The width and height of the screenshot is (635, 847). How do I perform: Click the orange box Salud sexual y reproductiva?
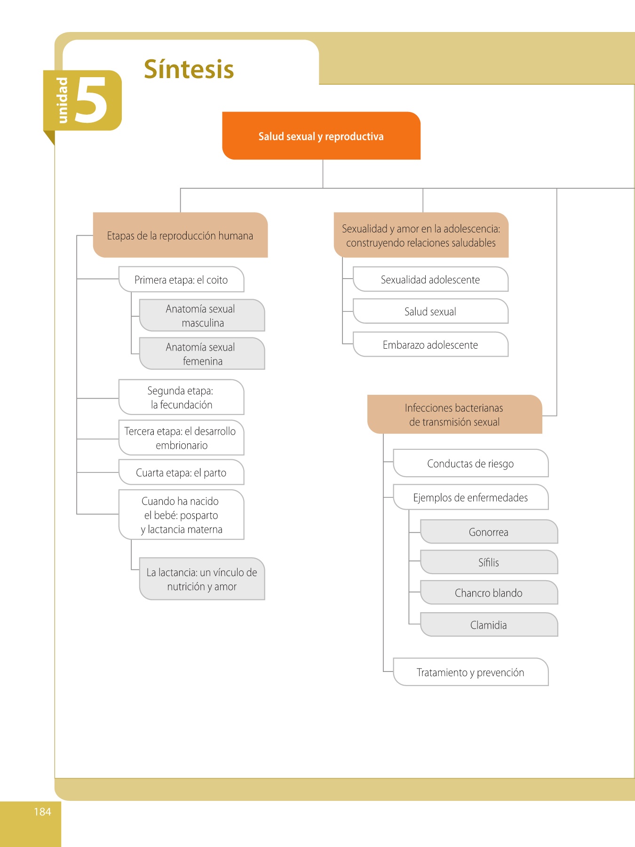pyautogui.click(x=321, y=136)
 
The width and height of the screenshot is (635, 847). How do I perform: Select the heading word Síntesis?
pyautogui.click(x=189, y=69)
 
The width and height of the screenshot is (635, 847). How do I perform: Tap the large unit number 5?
pyautogui.click(x=91, y=100)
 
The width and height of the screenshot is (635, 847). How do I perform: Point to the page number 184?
pyautogui.click(x=42, y=812)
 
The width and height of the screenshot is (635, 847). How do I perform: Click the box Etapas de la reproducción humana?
pyautogui.click(x=181, y=235)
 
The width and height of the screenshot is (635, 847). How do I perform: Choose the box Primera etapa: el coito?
pyautogui.click(x=182, y=280)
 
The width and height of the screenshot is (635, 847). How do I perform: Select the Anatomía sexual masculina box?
pyautogui.click(x=202, y=316)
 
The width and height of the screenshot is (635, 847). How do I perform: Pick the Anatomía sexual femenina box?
pyautogui.click(x=202, y=354)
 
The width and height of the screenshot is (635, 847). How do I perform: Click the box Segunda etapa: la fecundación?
pyautogui.click(x=182, y=398)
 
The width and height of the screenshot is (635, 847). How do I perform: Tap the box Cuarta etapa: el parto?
pyautogui.click(x=182, y=472)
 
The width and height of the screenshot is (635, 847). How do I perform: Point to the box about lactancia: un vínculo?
pyautogui.click(x=202, y=579)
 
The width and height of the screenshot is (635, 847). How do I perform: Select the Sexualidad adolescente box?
pyautogui.click(x=431, y=280)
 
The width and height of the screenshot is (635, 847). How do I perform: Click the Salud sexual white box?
pyautogui.click(x=431, y=312)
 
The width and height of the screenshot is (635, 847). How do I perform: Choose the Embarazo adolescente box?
pyautogui.click(x=431, y=345)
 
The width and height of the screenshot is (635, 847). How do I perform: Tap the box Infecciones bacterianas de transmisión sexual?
pyautogui.click(x=455, y=415)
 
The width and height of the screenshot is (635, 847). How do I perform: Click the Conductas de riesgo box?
pyautogui.click(x=471, y=463)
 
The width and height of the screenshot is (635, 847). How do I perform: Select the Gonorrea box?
pyautogui.click(x=489, y=532)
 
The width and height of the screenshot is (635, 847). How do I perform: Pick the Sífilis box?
pyautogui.click(x=489, y=562)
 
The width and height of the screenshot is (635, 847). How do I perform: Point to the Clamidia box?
pyautogui.click(x=489, y=625)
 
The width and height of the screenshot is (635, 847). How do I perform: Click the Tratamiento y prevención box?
pyautogui.click(x=471, y=672)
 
